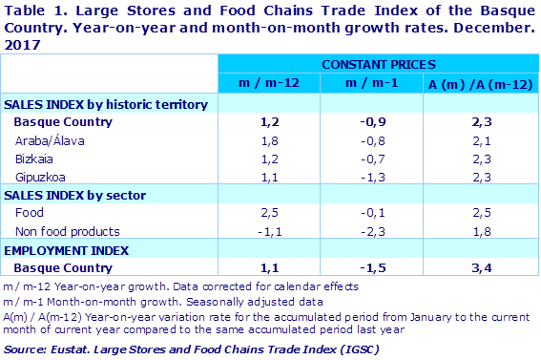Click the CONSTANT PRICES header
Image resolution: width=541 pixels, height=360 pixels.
pyautogui.click(x=379, y=65)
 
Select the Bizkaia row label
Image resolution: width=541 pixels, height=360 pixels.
pyautogui.click(x=33, y=159)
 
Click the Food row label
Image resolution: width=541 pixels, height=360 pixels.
pyautogui.click(x=29, y=213)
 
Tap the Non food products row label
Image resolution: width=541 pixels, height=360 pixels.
pyautogui.click(x=67, y=231)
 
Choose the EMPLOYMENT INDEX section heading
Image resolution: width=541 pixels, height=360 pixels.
pyautogui.click(x=67, y=250)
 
